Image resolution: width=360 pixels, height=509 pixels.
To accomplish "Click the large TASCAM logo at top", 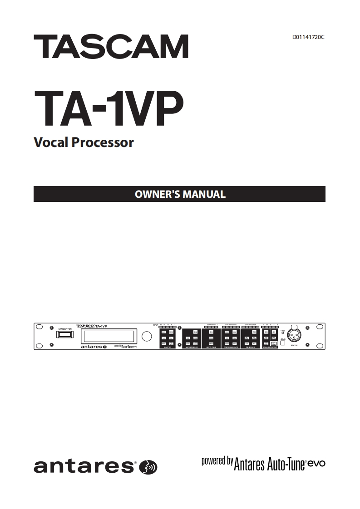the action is coord(111,47).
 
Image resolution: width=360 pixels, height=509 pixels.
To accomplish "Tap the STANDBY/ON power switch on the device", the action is coord(64,335).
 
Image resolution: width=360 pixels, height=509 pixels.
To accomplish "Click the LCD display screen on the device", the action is coord(108,336).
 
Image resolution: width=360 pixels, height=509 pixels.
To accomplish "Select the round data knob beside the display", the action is coord(147,336).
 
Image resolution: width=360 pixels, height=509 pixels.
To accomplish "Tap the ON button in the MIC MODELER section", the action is coord(195,332).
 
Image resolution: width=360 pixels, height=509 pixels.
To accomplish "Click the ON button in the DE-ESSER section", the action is coord(254,332).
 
